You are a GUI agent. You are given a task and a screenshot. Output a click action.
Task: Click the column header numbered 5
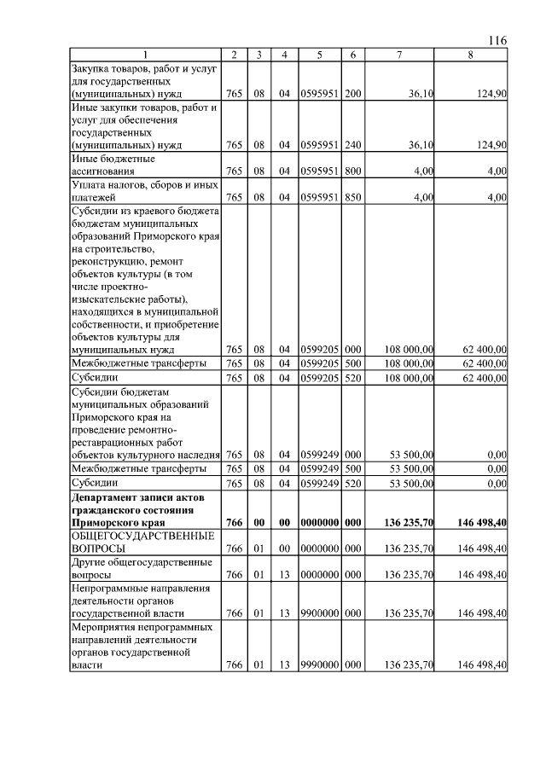click(319, 55)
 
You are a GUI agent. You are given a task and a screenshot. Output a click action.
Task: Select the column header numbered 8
click(470, 55)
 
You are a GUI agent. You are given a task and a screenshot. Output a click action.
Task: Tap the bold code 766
click(234, 521)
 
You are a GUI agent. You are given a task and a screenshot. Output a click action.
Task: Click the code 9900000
click(319, 612)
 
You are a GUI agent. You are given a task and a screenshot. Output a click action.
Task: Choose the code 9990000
click(319, 665)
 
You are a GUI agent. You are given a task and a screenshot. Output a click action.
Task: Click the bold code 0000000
click(319, 521)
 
